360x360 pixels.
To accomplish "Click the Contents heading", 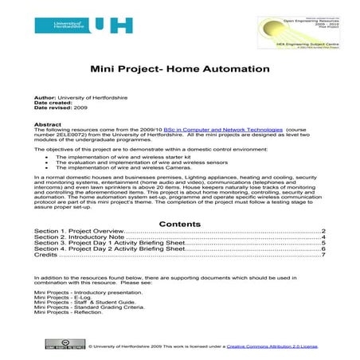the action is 180,224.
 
